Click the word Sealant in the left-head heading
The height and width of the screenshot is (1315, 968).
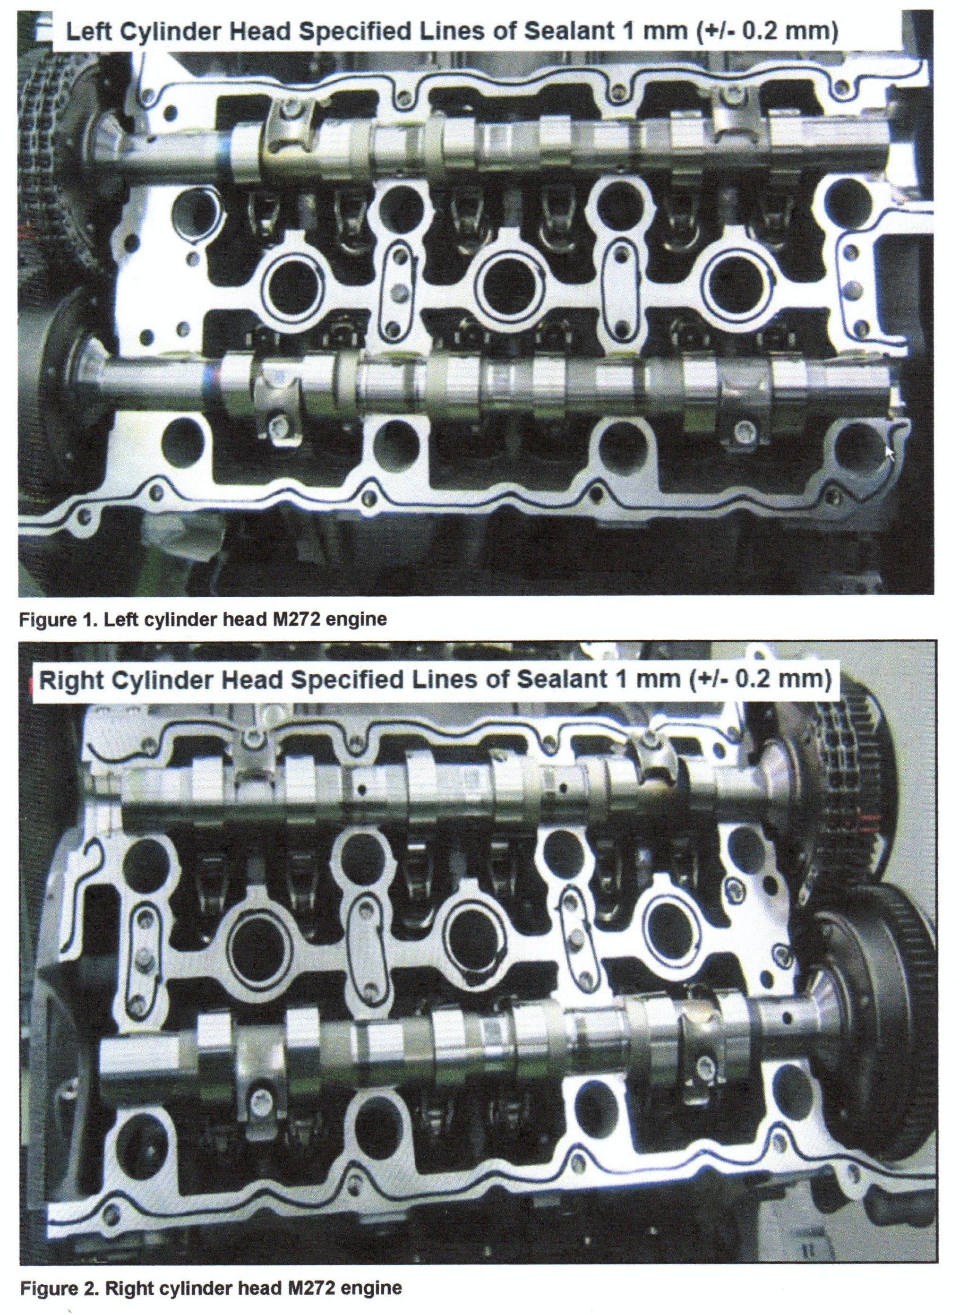(x=564, y=31)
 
